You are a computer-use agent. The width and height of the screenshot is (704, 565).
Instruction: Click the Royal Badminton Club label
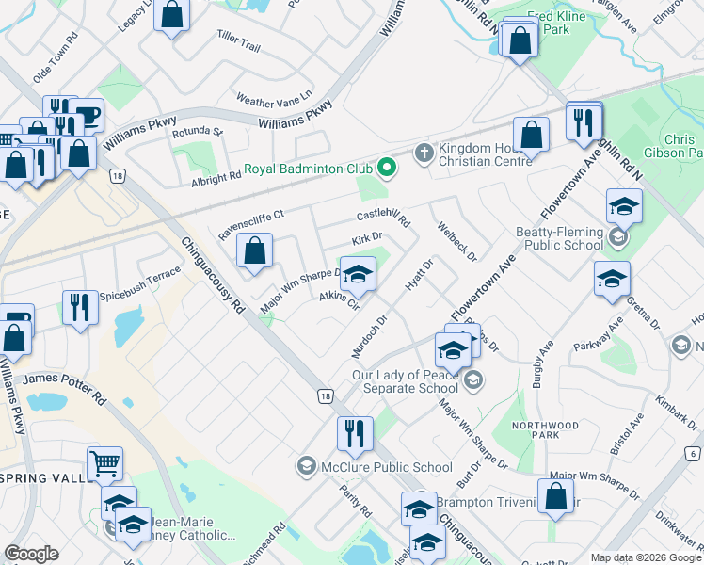tap(308, 170)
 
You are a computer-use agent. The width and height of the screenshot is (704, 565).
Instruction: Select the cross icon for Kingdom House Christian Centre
tap(424, 152)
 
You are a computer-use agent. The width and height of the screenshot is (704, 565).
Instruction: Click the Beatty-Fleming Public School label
tap(559, 238)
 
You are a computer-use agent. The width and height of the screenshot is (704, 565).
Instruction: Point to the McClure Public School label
tap(387, 466)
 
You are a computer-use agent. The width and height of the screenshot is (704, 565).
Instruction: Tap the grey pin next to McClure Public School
tap(306, 465)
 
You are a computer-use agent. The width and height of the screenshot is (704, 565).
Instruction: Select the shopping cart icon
tap(104, 463)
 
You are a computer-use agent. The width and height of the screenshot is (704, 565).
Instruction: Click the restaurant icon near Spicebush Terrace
tap(80, 307)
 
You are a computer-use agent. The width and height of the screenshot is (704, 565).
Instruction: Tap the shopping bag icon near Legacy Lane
tap(171, 15)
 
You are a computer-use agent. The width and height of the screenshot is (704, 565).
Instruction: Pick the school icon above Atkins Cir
tap(357, 273)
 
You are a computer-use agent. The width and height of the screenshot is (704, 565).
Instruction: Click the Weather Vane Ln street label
tap(273, 100)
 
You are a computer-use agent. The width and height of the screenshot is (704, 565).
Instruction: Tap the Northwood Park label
tap(545, 431)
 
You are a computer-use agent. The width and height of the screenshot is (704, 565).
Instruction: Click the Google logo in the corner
tap(31, 553)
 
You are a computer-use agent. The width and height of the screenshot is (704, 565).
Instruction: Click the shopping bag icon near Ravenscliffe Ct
tap(254, 250)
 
